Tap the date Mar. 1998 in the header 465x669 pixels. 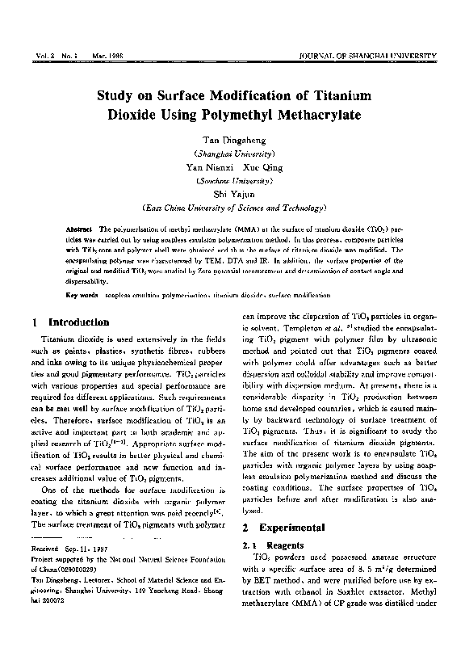[x=94, y=54]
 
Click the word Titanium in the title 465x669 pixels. [x=329, y=95]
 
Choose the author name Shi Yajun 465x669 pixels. [x=233, y=195]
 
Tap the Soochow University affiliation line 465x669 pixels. [x=233, y=181]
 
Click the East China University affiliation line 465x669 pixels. [x=233, y=208]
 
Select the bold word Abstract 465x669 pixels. [x=78, y=229]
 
